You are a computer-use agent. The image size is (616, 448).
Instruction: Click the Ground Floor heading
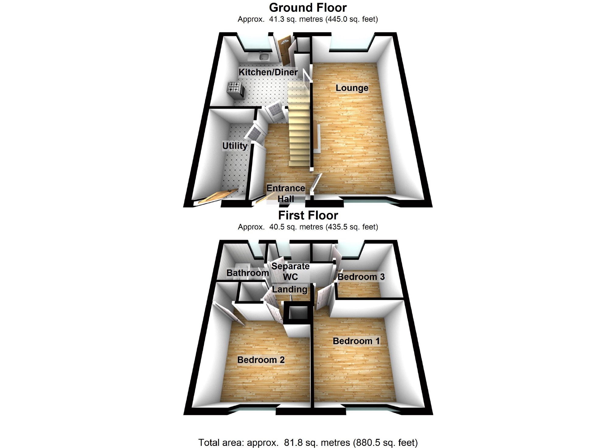pos(308,8)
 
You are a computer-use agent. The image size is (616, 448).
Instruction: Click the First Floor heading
pos(308,215)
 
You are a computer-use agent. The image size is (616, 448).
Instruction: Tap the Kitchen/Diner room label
pos(268,72)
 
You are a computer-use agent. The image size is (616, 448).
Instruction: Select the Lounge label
pos(352,88)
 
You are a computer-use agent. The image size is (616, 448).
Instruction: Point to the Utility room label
pos(235,146)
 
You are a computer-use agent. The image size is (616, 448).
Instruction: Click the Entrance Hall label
pos(286,193)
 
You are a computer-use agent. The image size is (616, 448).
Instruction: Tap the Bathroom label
pos(248,273)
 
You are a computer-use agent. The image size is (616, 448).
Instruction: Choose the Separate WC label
pos(290,271)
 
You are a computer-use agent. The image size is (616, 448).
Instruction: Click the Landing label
pos(290,289)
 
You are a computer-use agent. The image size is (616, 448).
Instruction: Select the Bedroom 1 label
pos(356,341)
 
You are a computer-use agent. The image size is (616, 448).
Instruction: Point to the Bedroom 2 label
pos(261,360)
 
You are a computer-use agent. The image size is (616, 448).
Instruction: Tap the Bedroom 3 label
pos(361,276)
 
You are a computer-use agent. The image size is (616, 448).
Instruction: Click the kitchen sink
pos(50,57)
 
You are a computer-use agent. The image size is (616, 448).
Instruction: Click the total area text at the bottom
pos(308,442)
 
